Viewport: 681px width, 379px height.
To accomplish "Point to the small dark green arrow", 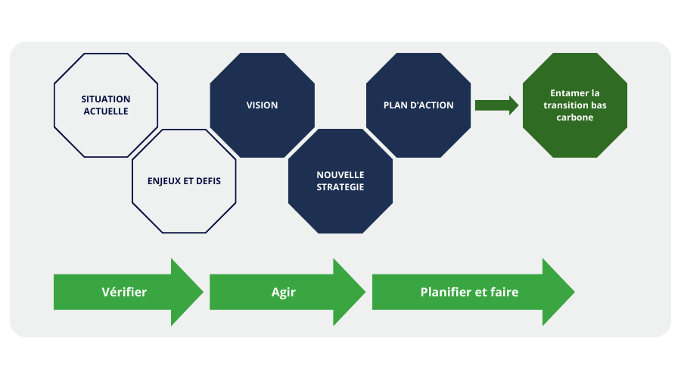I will pyautogui.click(x=496, y=105).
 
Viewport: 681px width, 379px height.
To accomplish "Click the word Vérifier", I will pyautogui.click(x=124, y=292).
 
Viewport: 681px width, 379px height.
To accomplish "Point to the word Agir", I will pyautogui.click(x=283, y=292).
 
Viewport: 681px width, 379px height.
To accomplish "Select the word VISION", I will pyautogui.click(x=262, y=105).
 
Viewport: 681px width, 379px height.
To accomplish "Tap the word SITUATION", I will pyautogui.click(x=106, y=99).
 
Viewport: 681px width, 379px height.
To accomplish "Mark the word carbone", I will pyautogui.click(x=574, y=118).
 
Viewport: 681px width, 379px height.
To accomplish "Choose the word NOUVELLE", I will pyautogui.click(x=340, y=175).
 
